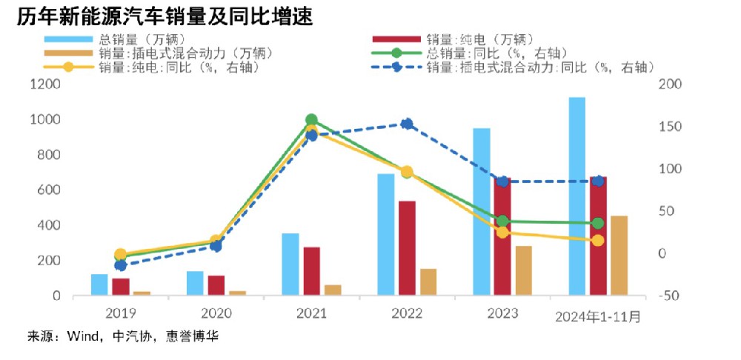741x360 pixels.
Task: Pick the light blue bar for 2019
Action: (x=99, y=284)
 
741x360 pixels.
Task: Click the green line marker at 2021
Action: (x=311, y=120)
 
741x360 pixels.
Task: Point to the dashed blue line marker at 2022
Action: (x=407, y=124)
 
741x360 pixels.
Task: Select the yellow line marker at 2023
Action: (x=502, y=232)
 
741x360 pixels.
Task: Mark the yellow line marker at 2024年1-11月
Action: (x=598, y=240)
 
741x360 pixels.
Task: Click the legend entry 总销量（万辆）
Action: (x=140, y=38)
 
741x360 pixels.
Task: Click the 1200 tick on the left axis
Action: (x=45, y=84)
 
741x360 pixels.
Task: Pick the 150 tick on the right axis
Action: (x=669, y=127)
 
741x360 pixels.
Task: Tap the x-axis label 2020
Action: (x=216, y=313)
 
